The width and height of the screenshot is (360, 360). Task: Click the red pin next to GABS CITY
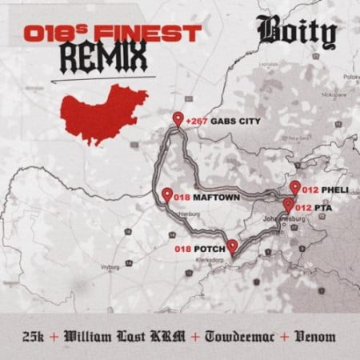point(177,121)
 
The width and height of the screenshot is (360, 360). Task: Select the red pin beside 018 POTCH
point(231,246)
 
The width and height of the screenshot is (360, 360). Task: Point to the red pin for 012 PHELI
point(295,187)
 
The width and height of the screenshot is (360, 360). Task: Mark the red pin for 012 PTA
point(287,205)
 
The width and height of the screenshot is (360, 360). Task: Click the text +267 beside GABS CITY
point(195,123)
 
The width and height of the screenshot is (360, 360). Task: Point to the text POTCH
point(207,249)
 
